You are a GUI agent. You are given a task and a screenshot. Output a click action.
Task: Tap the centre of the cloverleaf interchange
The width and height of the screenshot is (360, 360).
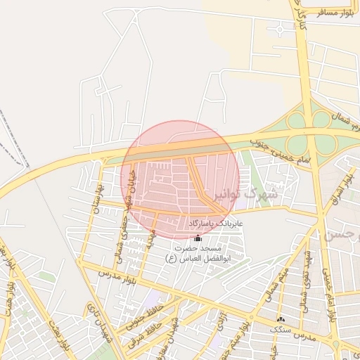[x=309, y=132]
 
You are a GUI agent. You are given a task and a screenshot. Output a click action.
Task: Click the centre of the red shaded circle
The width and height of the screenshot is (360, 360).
[x=180, y=179]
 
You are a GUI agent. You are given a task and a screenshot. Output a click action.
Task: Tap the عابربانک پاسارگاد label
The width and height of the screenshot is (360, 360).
[x=215, y=224]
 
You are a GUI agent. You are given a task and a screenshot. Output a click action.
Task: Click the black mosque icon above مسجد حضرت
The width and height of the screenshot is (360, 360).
[x=198, y=238]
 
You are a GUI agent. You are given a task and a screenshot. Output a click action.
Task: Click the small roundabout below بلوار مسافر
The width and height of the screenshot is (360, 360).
[x=282, y=29]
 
